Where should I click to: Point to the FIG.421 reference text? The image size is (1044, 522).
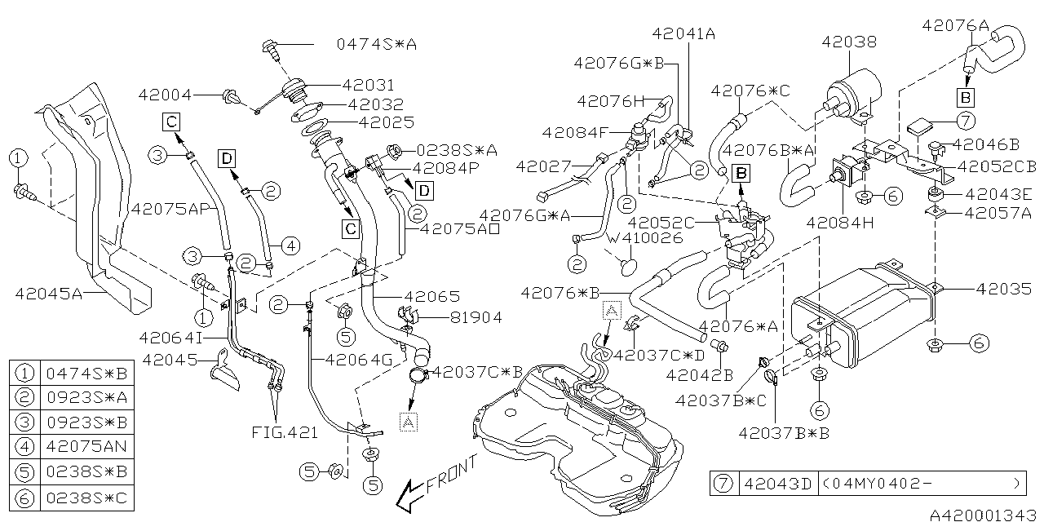(x=285, y=433)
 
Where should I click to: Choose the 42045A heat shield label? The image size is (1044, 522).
(x=49, y=293)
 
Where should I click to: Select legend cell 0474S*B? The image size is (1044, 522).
(x=86, y=374)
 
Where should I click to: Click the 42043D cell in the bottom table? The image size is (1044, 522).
(x=776, y=484)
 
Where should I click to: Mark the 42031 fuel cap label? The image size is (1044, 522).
(x=367, y=85)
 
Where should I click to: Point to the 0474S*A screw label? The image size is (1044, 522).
(x=376, y=45)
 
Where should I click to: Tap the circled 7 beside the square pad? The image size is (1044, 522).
(x=966, y=122)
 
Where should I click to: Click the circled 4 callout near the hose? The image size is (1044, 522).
(x=292, y=244)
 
